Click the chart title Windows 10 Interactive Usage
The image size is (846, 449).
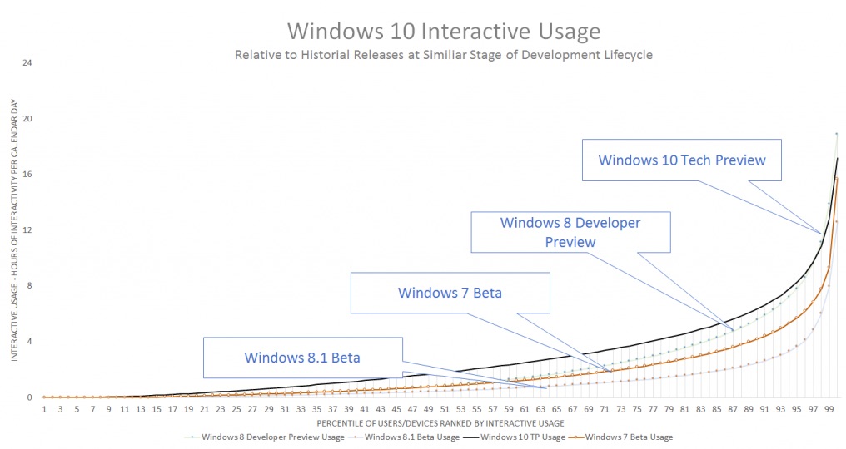coord(444,32)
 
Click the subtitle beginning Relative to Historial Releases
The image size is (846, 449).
coord(444,56)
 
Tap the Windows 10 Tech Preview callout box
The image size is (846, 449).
coord(682,160)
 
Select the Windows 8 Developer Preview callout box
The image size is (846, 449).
coord(570,232)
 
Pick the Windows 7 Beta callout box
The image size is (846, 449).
coord(450,292)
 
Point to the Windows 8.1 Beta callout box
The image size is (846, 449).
coord(302,357)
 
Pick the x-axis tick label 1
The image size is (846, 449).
coord(44,409)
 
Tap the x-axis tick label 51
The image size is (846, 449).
coord(444,409)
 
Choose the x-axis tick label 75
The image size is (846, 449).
coord(636,409)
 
